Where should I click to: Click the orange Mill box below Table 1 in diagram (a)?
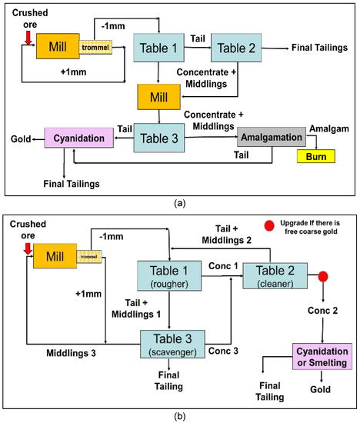pyautogui.click(x=158, y=97)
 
